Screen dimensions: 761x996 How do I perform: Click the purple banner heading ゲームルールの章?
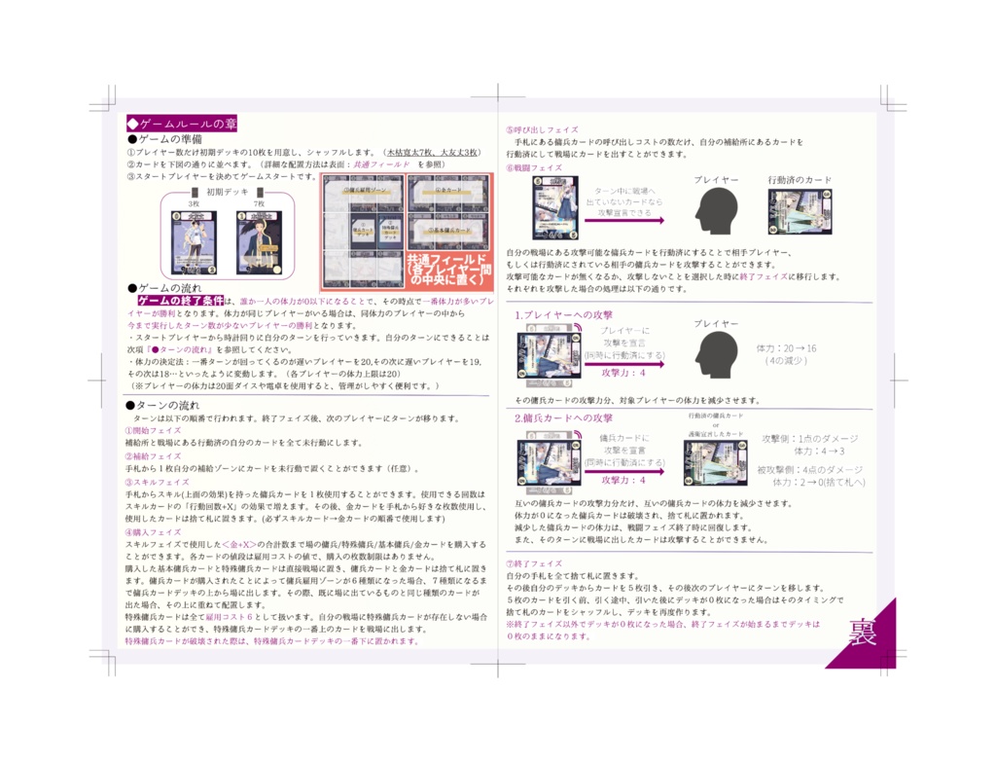tap(182, 125)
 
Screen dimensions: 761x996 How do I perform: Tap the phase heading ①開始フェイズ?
tap(153, 430)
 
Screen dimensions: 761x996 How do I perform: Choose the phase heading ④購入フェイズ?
tap(153, 532)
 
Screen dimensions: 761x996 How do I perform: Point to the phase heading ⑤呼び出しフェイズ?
tap(542, 129)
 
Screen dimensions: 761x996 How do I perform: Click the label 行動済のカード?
tap(800, 181)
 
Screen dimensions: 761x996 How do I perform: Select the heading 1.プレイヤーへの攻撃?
tap(564, 315)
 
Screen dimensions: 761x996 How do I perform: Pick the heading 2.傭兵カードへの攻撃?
tap(564, 418)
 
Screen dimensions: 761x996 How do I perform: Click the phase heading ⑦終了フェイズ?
tap(534, 563)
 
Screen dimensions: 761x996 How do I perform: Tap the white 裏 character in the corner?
tap(863, 634)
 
